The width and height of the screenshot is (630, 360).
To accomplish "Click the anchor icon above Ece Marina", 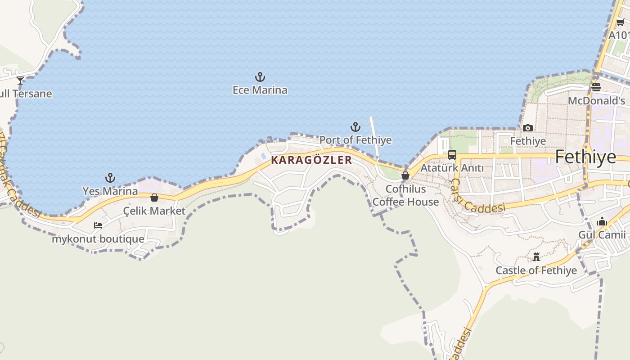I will click(260, 77).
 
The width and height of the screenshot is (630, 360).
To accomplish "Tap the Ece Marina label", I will click(260, 90).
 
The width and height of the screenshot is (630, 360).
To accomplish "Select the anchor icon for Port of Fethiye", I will click(355, 127).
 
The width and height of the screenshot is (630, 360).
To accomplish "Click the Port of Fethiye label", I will click(355, 140).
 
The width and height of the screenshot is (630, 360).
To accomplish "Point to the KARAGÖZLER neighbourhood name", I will click(311, 160).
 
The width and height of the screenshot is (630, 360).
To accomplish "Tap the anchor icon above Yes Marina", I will click(110, 178).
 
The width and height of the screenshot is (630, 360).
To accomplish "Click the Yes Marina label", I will click(110, 191).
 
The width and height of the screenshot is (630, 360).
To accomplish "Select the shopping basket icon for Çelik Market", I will click(154, 198).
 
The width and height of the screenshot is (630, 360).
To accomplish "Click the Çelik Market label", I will click(154, 211).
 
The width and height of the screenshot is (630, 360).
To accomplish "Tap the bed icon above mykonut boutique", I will click(98, 225).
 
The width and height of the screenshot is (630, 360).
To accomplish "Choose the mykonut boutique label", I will click(98, 239).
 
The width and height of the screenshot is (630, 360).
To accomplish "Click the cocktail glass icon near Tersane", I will click(20, 81).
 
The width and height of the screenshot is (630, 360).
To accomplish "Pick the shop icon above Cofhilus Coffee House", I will click(405, 175).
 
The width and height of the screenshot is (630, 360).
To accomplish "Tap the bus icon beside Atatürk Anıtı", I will click(452, 155).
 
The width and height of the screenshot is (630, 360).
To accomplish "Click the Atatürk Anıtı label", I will click(452, 168).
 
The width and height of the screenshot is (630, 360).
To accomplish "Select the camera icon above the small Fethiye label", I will click(528, 128).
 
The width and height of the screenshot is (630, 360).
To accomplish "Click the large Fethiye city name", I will click(585, 157).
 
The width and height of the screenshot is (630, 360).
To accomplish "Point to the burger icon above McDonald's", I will click(596, 87).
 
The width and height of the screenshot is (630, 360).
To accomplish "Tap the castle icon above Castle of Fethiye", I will click(536, 257).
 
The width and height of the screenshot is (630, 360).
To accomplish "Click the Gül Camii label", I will click(602, 234).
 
